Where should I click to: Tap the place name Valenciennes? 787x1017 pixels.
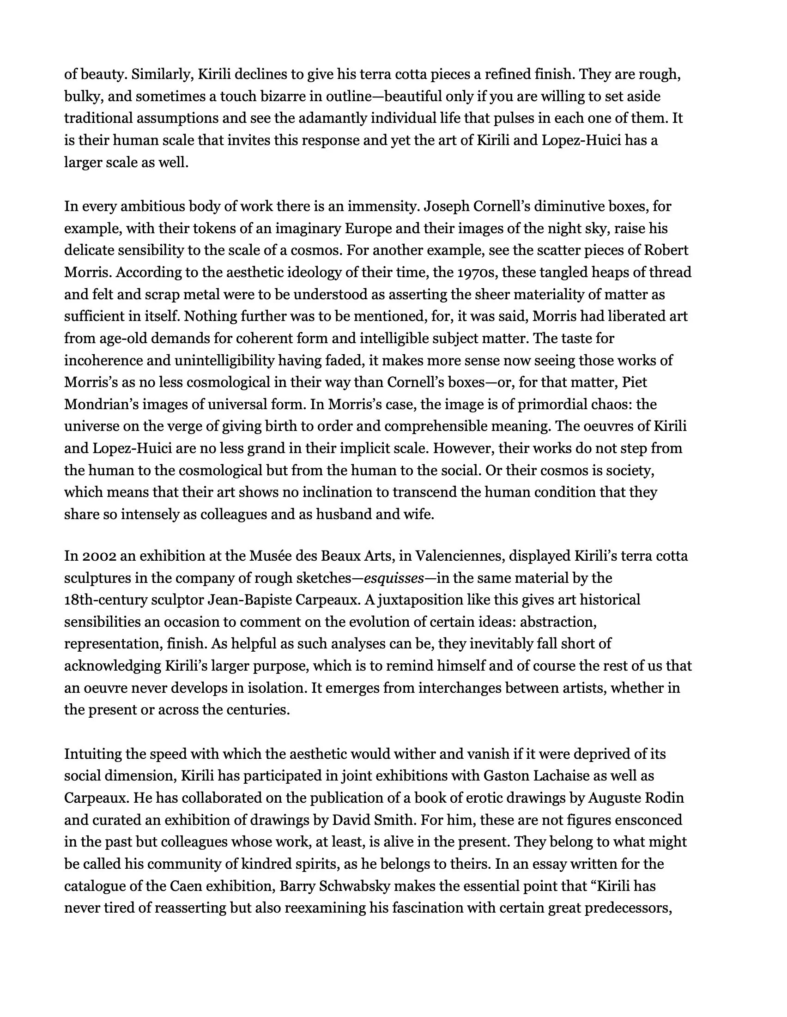click(x=458, y=556)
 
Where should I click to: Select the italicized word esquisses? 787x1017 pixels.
click(x=393, y=578)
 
